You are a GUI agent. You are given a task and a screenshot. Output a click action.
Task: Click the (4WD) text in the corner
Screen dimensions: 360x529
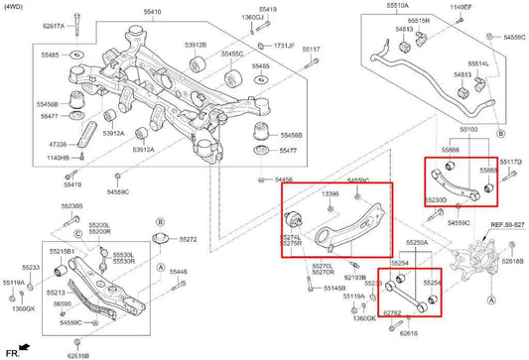[18, 6]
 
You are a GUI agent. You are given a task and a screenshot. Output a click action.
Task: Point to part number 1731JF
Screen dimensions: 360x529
[284, 46]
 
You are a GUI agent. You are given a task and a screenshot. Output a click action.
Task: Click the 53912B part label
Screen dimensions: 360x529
[196, 45]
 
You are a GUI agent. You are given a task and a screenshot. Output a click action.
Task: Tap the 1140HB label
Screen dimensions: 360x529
[58, 157]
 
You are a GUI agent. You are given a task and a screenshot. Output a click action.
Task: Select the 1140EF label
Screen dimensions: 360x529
[461, 7]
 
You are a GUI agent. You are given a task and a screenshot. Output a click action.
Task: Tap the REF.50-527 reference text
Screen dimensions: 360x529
[505, 225]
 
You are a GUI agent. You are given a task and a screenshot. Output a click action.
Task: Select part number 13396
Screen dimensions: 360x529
[331, 194]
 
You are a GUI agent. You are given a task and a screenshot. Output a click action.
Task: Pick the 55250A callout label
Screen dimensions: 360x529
[418, 242]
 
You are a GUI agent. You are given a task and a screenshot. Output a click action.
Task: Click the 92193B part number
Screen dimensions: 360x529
[354, 277]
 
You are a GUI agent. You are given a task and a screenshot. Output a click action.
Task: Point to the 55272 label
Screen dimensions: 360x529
[187, 240]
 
